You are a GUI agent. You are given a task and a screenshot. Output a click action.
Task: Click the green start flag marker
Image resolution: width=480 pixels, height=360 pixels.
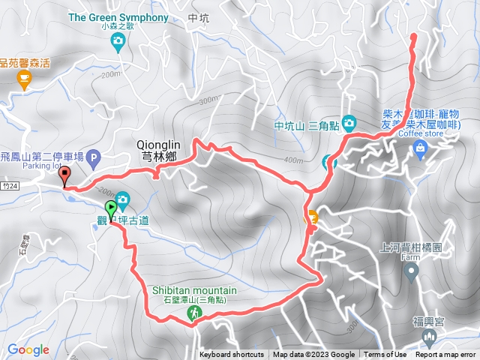click(x=111, y=209)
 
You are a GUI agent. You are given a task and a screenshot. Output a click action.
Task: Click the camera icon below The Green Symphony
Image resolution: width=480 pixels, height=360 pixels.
click(x=117, y=45)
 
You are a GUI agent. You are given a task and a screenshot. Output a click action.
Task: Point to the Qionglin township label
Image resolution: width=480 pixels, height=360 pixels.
click(x=157, y=151)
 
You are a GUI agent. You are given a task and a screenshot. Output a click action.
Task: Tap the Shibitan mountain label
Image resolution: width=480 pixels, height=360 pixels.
click(x=194, y=291)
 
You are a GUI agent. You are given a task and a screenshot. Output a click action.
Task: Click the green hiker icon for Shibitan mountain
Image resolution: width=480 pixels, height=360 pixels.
click(x=195, y=315)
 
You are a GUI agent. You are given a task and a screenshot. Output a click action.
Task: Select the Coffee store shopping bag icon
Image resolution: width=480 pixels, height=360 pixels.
click(x=420, y=151)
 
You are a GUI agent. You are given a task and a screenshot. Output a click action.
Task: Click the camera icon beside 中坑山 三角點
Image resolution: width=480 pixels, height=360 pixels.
click(x=349, y=122)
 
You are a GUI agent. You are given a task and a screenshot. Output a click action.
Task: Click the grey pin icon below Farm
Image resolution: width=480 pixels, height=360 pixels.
click(x=411, y=272)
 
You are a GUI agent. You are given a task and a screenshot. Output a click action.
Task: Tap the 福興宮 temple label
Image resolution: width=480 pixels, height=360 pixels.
click(x=428, y=321)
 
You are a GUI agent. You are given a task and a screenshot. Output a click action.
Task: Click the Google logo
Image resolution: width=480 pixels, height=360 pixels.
click(x=28, y=349)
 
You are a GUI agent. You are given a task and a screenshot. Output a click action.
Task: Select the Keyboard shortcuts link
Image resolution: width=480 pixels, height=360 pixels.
click(x=231, y=355)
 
